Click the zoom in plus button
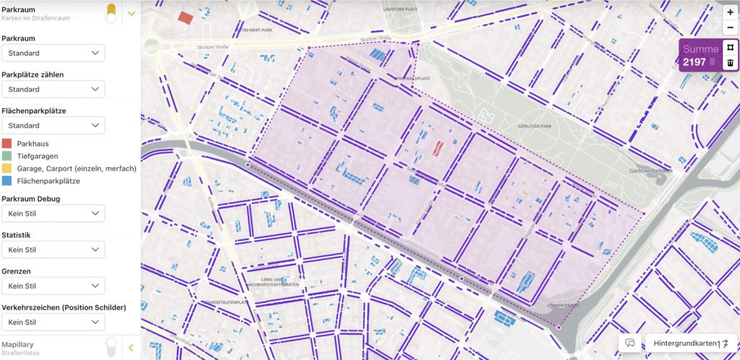(x=730, y=12)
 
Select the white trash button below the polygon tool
(x=730, y=64)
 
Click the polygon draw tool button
(x=730, y=48)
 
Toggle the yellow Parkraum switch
(x=111, y=12)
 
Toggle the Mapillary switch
(x=111, y=348)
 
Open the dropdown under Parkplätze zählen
(x=53, y=89)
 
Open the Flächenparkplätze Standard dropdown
(x=53, y=125)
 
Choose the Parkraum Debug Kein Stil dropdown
(x=53, y=213)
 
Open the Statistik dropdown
(x=53, y=249)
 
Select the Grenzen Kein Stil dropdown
(x=53, y=286)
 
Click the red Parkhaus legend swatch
(x=7, y=143)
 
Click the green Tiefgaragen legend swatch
(x=7, y=155)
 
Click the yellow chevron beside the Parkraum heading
(x=131, y=12)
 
